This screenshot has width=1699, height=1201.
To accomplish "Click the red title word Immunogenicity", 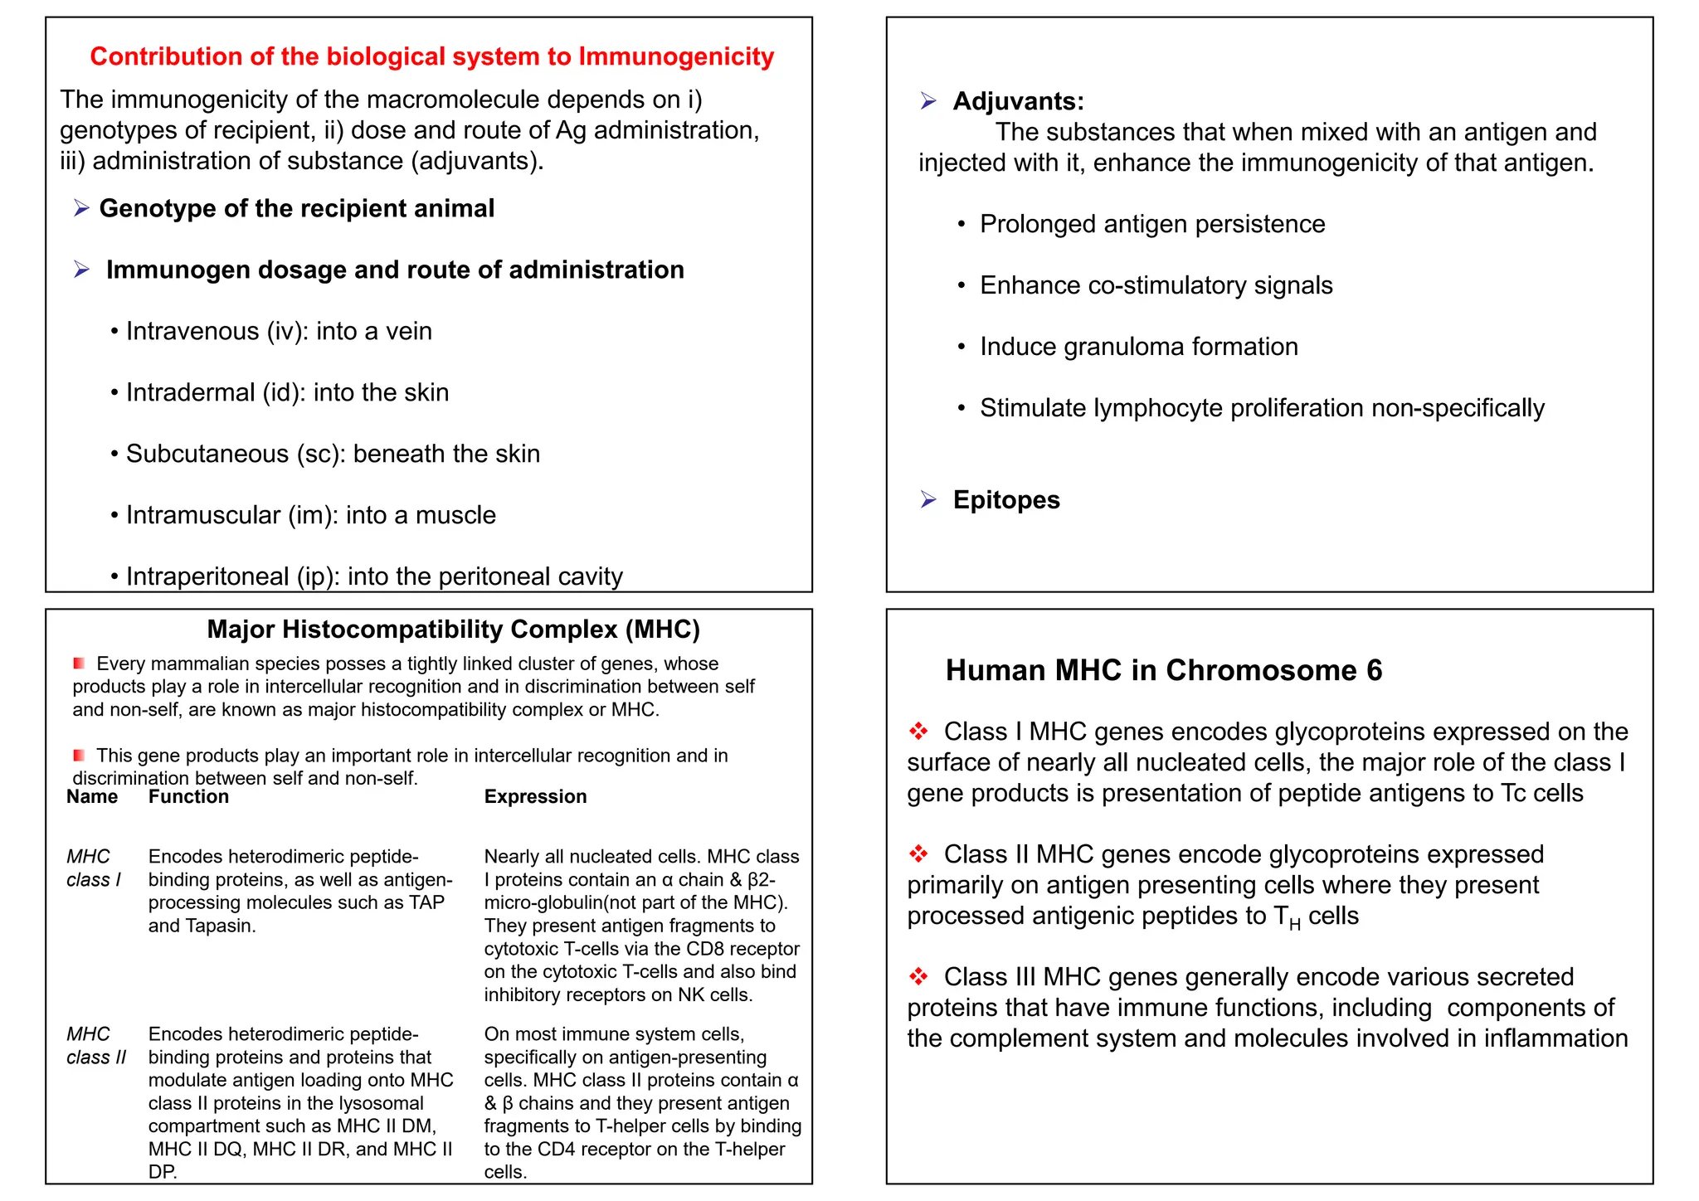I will click(675, 56).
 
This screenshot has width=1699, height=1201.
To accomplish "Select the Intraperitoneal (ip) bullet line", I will click(373, 576).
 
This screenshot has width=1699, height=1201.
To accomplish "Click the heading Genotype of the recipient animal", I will click(296, 208).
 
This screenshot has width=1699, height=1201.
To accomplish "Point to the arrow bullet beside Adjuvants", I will click(928, 101).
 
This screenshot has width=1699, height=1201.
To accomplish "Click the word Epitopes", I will click(1005, 499).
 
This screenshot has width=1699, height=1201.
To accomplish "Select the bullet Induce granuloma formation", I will click(1138, 346).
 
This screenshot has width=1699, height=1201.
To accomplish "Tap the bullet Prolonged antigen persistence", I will click(1151, 224).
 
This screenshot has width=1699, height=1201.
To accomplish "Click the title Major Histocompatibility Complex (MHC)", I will click(453, 629).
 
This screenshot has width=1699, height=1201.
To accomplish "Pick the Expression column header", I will click(535, 796).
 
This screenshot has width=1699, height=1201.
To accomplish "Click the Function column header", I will click(188, 796).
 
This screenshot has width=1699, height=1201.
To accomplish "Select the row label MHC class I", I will click(93, 868).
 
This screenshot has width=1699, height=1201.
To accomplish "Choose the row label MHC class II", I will click(95, 1045).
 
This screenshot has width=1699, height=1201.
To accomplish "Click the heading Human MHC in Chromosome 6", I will click(1163, 670).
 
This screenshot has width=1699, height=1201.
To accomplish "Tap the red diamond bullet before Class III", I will click(918, 976).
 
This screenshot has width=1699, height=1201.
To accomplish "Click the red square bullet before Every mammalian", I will click(79, 664).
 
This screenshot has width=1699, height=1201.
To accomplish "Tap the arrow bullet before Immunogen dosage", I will click(81, 270).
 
